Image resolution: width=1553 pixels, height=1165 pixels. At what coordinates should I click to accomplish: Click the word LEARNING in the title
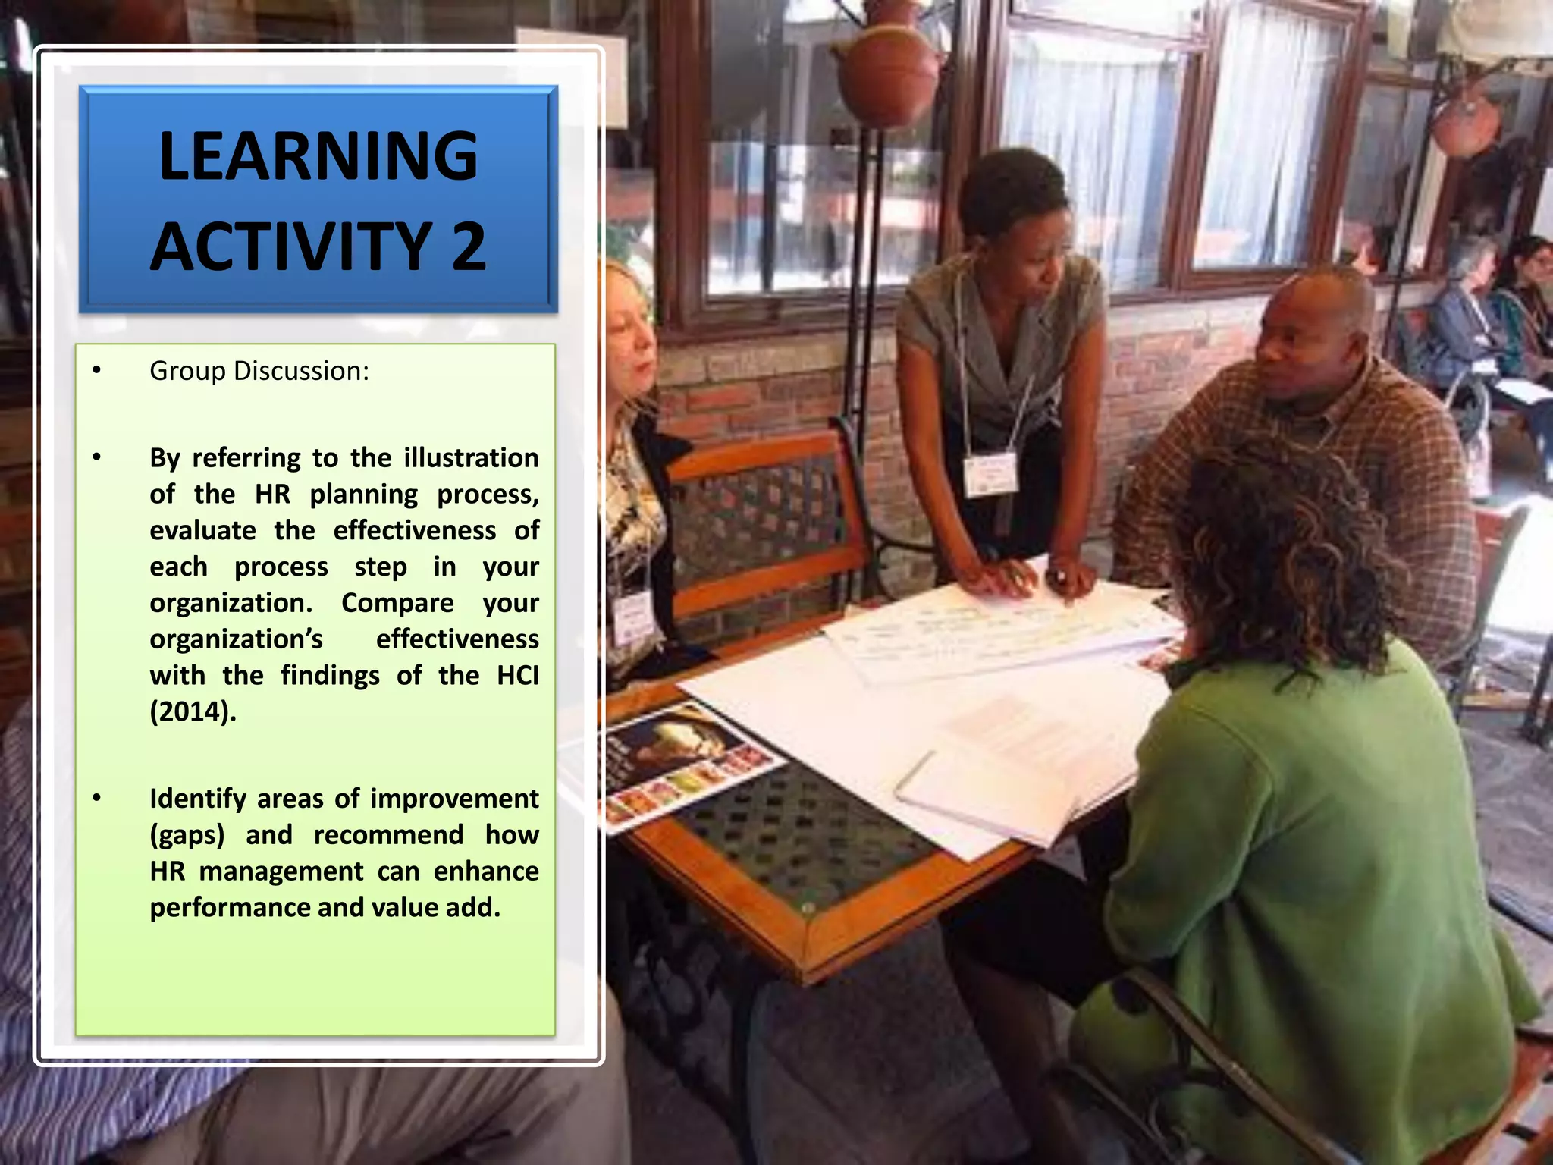pyautogui.click(x=318, y=156)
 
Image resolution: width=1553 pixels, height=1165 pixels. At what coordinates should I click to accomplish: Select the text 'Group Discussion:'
pyautogui.click(x=259, y=371)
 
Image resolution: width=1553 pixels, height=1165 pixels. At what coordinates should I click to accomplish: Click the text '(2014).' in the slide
pyautogui.click(x=193, y=711)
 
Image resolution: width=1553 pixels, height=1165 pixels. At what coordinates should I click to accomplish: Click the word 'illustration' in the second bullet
pyautogui.click(x=471, y=458)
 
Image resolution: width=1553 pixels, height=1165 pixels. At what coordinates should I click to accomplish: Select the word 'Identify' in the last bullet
pyautogui.click(x=198, y=799)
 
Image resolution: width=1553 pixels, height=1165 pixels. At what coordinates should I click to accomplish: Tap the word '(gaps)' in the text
pyautogui.click(x=187, y=835)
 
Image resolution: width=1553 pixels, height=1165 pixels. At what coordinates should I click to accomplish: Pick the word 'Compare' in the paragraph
pyautogui.click(x=397, y=603)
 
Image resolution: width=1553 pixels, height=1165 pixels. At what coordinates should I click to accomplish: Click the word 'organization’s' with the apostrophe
pyautogui.click(x=236, y=639)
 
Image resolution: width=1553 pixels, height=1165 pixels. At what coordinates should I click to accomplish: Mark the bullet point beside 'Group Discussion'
pyautogui.click(x=96, y=371)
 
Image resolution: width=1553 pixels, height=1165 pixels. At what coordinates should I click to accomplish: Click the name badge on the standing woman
pyautogui.click(x=990, y=474)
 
